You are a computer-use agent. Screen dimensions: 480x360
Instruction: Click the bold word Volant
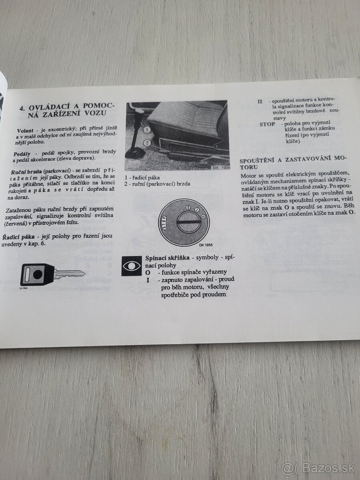click(x=26, y=131)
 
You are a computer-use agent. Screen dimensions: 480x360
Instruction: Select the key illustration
click(x=52, y=275)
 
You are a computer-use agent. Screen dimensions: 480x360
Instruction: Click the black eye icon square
click(x=132, y=266)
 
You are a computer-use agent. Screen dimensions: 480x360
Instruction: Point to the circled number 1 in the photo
click(x=147, y=130)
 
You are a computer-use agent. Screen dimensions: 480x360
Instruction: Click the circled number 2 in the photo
click(x=147, y=142)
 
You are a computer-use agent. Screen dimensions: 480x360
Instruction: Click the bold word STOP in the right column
click(x=267, y=124)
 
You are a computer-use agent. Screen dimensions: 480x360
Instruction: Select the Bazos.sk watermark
click(x=318, y=467)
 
